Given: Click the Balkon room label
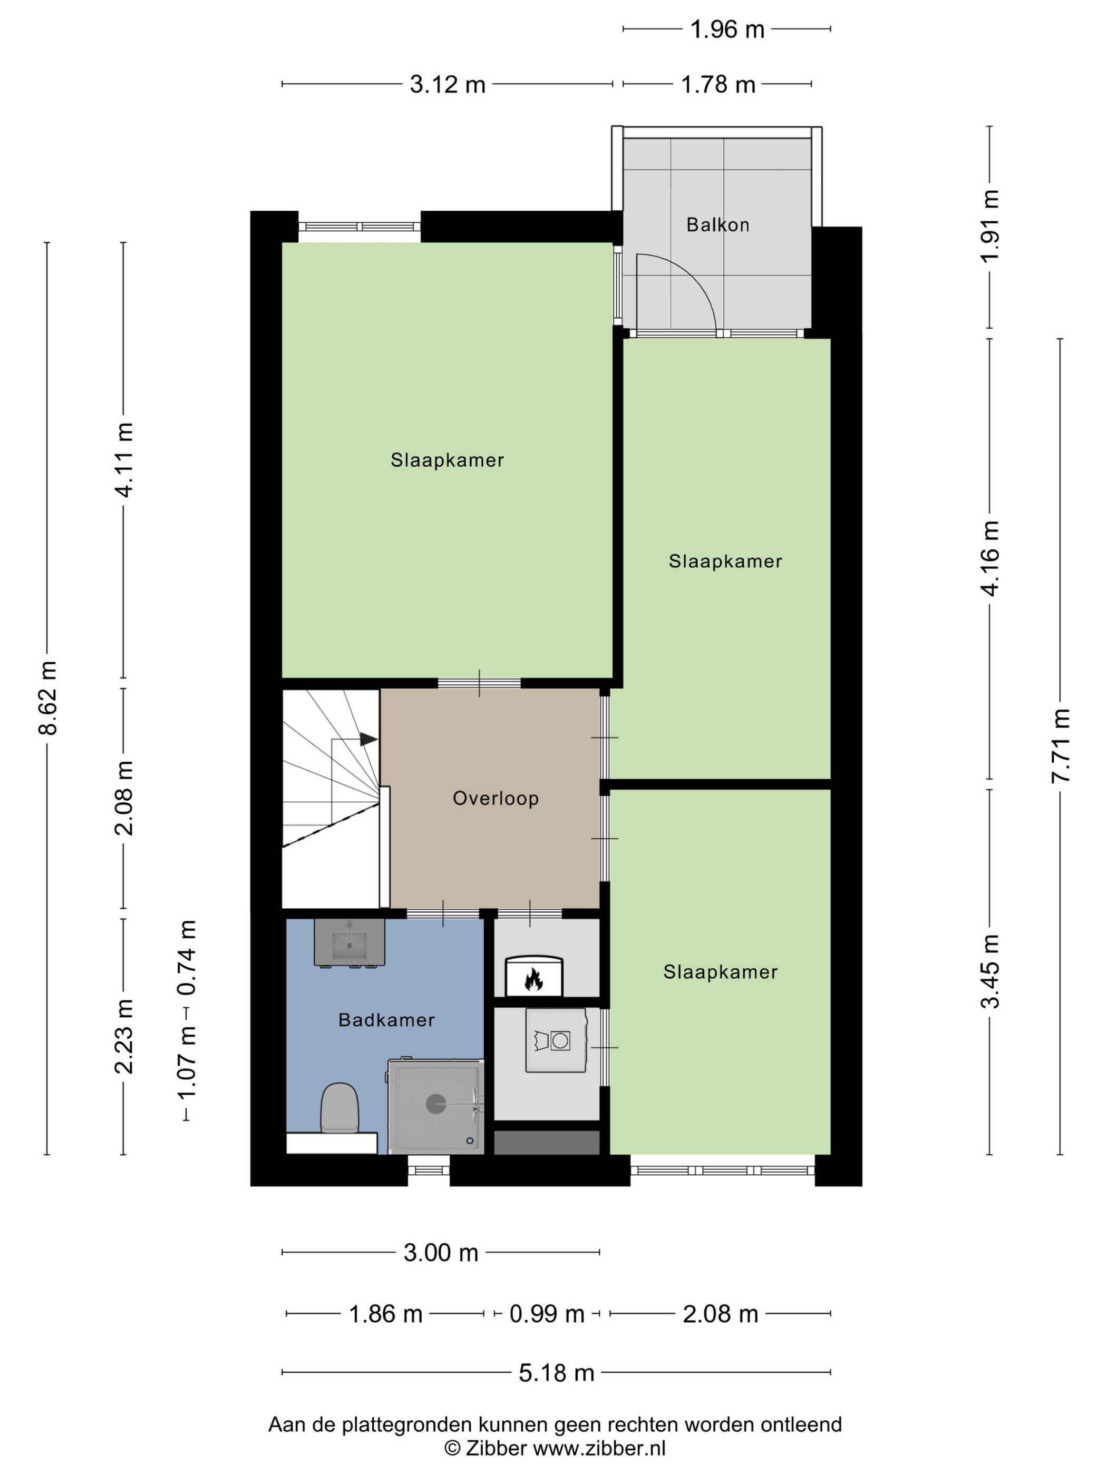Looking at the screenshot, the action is coord(717,225).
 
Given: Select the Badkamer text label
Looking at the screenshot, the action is coord(386,1019).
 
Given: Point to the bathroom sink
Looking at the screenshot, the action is coord(349,943).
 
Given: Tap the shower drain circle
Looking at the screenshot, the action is coord(436,1104).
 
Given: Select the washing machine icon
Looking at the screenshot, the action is coord(556,1040).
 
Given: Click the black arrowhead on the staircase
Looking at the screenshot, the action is coord(369,739).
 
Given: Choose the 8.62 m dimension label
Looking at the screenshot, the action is coord(48,697).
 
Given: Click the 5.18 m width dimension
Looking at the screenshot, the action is coord(557,1372).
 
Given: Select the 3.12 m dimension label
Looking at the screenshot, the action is coord(447,85).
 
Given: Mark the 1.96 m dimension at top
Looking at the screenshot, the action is coord(726,30).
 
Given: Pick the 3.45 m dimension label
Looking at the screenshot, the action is coord(990,971).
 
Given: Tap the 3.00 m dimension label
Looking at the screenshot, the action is coord(441,1252).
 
